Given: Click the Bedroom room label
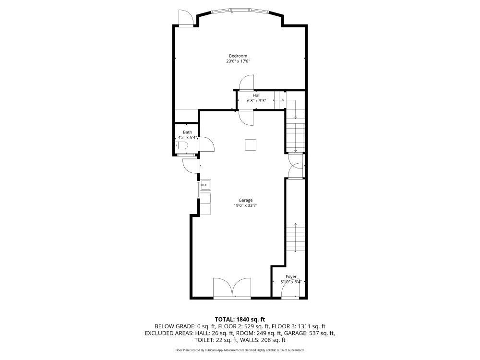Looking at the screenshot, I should [x=238, y=56].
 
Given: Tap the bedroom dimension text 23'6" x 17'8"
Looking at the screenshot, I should [x=238, y=61].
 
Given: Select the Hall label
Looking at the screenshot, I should [x=257, y=96].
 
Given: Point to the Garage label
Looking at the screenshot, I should [x=245, y=201].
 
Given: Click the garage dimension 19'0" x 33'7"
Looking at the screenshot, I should [x=245, y=206].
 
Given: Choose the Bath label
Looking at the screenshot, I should [x=187, y=132].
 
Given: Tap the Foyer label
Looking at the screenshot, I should [x=291, y=277].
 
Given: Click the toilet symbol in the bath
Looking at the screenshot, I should [x=181, y=145].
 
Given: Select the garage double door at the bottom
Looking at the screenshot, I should [x=232, y=288].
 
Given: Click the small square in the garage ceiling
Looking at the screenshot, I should [x=251, y=144].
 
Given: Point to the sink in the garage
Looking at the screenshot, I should [x=205, y=184].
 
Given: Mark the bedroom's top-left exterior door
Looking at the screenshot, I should [x=186, y=18].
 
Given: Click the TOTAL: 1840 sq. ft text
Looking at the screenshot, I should [x=240, y=319].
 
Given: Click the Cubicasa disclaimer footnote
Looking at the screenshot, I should [x=240, y=350].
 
